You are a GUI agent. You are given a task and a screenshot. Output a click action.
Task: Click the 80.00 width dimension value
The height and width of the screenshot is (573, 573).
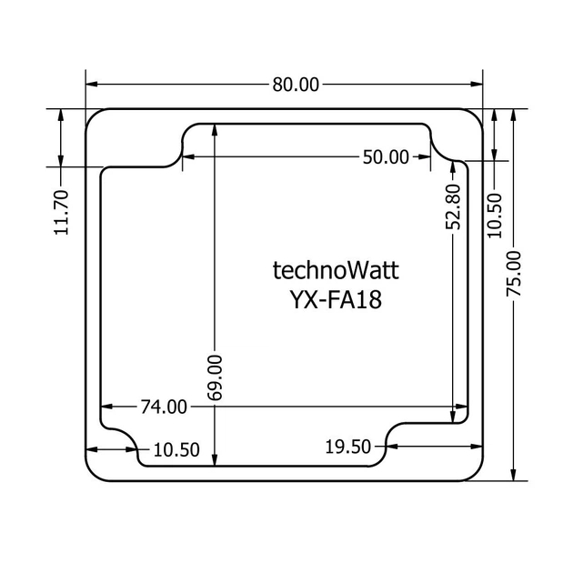coord(296,85)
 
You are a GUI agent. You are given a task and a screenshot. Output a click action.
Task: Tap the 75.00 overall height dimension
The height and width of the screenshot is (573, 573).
coord(514,274)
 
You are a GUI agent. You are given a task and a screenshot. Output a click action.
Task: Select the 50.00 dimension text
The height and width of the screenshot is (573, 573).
coord(386,157)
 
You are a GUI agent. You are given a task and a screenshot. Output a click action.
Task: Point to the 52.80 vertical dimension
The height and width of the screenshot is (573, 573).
coord(453,206)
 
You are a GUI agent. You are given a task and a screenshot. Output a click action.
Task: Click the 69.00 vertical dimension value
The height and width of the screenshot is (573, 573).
coord(215,377)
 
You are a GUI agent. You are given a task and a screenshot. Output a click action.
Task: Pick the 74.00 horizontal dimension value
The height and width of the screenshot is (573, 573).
coord(164,407)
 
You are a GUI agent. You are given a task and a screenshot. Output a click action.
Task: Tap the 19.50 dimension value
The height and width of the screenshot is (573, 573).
coord(347,447)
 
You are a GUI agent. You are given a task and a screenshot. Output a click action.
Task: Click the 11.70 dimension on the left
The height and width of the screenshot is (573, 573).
coord(61,212)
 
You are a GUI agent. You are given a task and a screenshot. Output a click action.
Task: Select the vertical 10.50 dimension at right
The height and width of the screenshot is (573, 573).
coord(495,216)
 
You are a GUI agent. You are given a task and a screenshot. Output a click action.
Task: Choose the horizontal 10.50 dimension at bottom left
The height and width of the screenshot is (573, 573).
coord(176,450)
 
